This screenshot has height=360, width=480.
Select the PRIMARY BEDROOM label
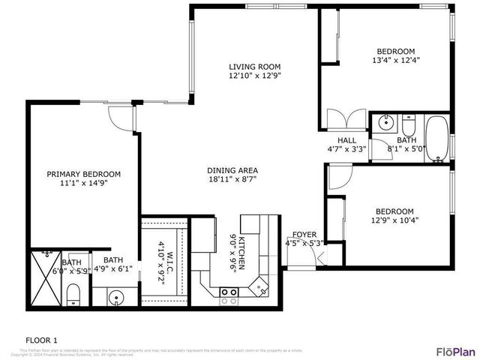[x=83, y=174]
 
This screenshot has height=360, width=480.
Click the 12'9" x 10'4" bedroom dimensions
[x=394, y=220]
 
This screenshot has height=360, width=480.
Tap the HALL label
[x=346, y=140]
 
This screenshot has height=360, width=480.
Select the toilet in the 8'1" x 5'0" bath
[x=408, y=123]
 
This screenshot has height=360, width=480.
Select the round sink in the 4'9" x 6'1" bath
[x=115, y=298]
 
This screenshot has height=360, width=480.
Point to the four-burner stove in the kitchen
[x=229, y=296]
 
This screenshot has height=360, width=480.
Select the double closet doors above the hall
[x=346, y=120]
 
